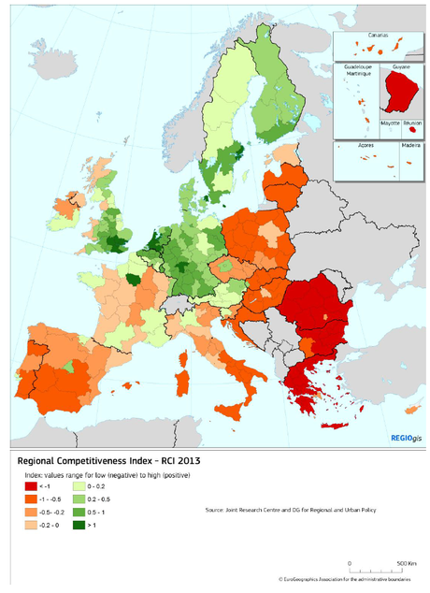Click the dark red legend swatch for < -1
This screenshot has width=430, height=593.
pos(32,487)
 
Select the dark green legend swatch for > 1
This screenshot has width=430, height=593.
pos(79,526)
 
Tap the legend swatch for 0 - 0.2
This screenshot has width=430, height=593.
pos(79,487)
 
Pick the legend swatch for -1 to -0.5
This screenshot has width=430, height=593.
pos(32,500)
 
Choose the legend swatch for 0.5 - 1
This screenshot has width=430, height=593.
pos(79,513)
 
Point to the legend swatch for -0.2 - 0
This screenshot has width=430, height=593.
pos(32,526)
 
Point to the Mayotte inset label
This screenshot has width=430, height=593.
pos(390,122)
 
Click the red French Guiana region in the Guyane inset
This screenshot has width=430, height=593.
pos(401,94)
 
